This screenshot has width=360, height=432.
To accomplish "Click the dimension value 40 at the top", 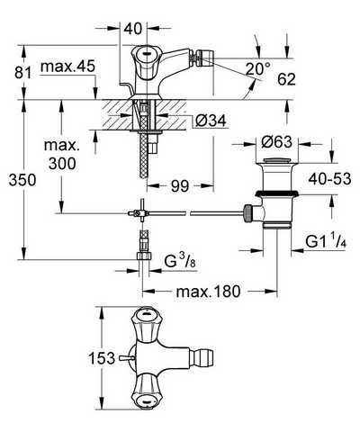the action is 133,29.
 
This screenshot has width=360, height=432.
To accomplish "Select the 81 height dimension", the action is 23,73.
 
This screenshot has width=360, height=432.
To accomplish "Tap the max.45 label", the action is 67,67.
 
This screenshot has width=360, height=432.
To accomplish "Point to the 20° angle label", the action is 257,68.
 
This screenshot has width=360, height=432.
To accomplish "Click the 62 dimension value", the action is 286,79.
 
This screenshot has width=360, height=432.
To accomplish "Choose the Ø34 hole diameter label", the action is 211,121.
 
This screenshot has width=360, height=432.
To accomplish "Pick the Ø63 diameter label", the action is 276,141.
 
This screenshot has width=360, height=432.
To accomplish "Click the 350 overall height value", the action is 22,180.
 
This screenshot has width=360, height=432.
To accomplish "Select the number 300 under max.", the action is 62,164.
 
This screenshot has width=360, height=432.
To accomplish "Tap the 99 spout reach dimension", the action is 180,186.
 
